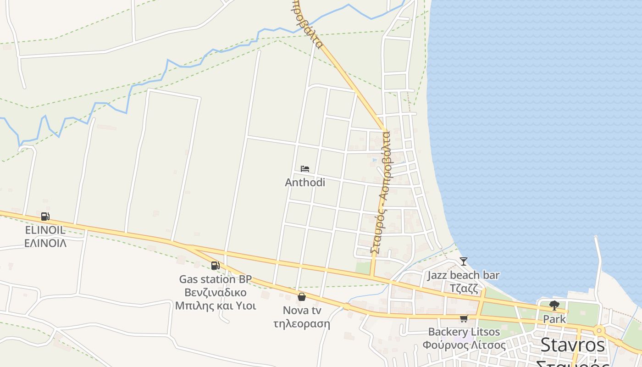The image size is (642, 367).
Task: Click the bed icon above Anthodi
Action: (x=305, y=169)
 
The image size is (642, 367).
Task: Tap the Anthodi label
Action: (x=305, y=183)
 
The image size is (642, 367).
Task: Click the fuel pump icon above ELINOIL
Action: (x=45, y=217)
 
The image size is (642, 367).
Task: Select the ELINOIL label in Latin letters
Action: (x=45, y=230)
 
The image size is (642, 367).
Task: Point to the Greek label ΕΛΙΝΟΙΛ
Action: (x=45, y=243)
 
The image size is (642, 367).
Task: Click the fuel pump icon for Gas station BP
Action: (x=215, y=265)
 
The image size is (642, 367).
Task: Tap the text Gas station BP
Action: (x=215, y=279)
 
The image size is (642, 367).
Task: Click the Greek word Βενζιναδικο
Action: (x=215, y=292)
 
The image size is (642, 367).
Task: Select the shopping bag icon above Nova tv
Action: (x=301, y=297)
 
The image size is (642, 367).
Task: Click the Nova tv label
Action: (x=301, y=311)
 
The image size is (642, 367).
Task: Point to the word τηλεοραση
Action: (x=301, y=323)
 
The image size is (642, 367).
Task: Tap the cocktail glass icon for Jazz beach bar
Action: (x=464, y=261)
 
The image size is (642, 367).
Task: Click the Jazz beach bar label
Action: (x=464, y=275)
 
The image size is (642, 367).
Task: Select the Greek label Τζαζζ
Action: (x=464, y=289)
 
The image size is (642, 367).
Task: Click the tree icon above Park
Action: (x=554, y=305)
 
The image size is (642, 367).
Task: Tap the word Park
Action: (x=554, y=318)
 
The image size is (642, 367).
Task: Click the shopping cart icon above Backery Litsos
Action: (x=464, y=318)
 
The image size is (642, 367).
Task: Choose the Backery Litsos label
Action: (x=464, y=332)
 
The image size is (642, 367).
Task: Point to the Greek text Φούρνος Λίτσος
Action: (x=464, y=345)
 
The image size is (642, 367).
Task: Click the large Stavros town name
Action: (x=573, y=345)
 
